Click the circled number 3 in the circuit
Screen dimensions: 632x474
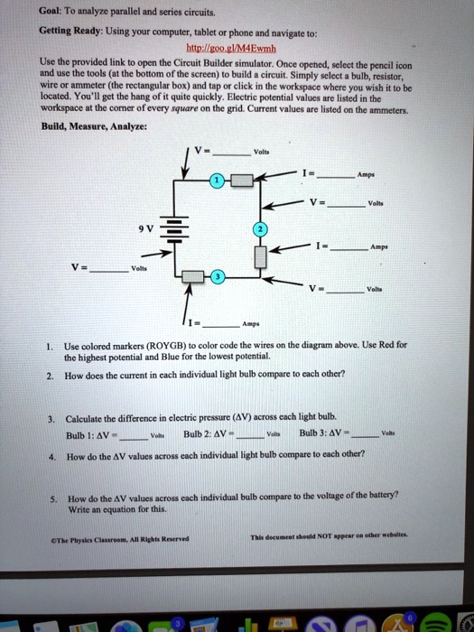pos(217,276)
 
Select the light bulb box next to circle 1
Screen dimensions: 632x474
pos(240,181)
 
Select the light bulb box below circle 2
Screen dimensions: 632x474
pos(259,257)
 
